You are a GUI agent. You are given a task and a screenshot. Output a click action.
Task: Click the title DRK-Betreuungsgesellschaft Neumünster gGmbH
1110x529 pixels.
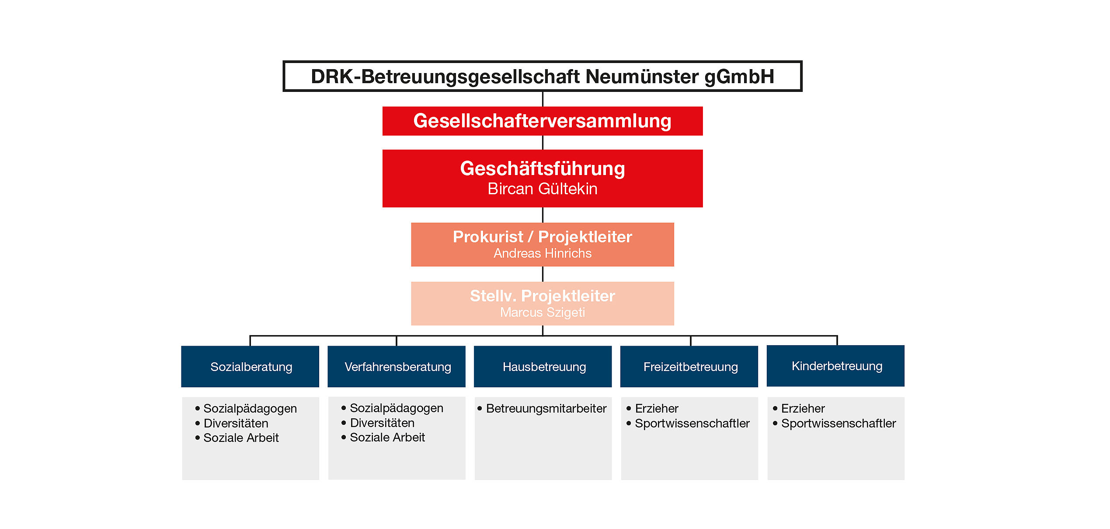coord(543,77)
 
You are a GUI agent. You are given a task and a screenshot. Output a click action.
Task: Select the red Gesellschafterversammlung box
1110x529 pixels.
coord(543,121)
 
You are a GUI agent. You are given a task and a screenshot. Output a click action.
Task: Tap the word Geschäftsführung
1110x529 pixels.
coord(543,169)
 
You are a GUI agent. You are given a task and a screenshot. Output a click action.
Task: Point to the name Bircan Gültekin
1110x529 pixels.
coord(543,189)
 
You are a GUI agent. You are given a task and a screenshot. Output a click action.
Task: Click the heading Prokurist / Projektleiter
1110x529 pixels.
coord(543,237)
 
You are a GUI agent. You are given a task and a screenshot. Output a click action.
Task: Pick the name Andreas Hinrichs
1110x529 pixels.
coord(543,253)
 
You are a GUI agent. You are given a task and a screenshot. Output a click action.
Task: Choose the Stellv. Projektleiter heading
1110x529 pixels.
coord(543,296)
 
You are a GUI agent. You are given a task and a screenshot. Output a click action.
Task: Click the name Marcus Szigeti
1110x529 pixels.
coord(543,312)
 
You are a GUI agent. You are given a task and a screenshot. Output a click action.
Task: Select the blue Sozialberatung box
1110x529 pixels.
coord(250,367)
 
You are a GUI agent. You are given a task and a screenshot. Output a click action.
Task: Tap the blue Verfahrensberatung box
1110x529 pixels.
coord(397,367)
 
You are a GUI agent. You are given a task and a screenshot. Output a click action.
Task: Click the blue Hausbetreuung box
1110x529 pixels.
coord(543,367)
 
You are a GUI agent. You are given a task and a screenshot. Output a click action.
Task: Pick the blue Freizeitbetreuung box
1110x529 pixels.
coord(689,367)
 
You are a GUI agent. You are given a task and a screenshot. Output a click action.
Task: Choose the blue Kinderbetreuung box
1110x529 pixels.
coord(835,366)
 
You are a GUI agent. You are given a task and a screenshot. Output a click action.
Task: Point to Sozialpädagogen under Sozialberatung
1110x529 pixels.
coord(250,409)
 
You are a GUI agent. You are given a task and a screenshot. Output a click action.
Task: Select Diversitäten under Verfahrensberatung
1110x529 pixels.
coord(382,423)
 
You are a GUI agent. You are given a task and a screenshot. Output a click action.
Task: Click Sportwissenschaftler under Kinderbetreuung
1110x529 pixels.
coord(839,424)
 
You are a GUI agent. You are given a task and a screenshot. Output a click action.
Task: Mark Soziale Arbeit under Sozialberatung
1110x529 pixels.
coord(241,438)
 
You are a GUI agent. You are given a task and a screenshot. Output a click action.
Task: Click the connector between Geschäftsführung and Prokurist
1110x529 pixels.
coord(543,215)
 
